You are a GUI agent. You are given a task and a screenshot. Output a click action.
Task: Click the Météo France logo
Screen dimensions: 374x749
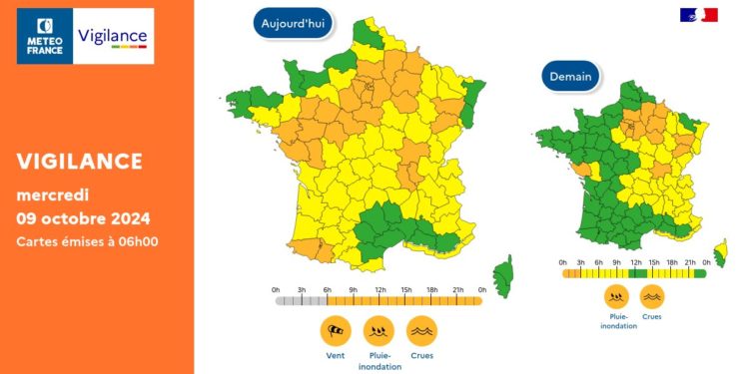(x=45, y=36)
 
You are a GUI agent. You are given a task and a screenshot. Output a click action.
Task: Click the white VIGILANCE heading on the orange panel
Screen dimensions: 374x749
(x=80, y=161)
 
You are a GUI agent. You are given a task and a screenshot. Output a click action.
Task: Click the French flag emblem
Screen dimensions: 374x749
(x=699, y=15)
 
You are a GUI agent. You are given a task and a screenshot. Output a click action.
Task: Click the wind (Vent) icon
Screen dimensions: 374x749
(x=336, y=330)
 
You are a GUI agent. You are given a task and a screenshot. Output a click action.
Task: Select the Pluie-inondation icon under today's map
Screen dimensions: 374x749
(x=378, y=330)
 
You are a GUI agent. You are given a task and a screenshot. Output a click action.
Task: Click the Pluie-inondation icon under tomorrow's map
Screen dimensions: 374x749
(x=617, y=296)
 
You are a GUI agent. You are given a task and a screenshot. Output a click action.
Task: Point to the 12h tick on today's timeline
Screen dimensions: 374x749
(x=380, y=290)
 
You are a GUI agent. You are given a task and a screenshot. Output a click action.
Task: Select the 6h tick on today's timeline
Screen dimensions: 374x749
(x=328, y=290)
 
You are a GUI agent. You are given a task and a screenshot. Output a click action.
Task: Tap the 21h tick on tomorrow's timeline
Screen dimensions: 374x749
(x=689, y=262)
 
